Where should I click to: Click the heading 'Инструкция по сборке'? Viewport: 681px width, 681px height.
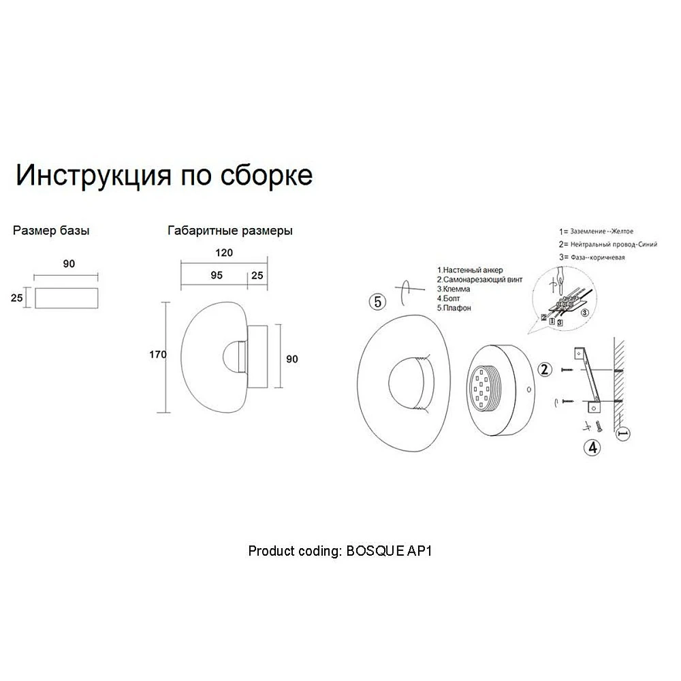[x=164, y=176]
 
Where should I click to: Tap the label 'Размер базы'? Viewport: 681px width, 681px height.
[x=51, y=231]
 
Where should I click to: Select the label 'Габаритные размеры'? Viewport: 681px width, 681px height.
[x=229, y=231]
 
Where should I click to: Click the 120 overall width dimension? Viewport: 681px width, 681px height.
[x=224, y=253]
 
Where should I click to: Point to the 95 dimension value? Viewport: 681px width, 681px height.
[x=217, y=275]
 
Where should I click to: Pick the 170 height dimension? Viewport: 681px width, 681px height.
[x=158, y=355]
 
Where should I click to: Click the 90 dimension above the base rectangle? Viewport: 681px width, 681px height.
[x=69, y=264]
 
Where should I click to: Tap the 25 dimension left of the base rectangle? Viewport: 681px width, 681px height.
[x=16, y=298]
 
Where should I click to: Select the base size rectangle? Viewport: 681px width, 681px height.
[x=67, y=298]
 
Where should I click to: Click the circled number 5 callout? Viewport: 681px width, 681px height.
[x=377, y=302]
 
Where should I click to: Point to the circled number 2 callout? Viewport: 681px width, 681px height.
[x=545, y=370]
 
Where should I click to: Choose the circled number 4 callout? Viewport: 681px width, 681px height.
[x=593, y=447]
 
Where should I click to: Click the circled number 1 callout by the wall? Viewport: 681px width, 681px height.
[x=624, y=433]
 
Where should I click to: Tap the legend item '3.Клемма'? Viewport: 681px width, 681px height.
[x=454, y=289]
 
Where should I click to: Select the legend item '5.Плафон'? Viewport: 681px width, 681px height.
[x=454, y=308]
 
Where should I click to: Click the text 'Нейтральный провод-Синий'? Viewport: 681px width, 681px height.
[x=614, y=244]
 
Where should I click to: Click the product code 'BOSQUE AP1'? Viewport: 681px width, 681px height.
[x=389, y=551]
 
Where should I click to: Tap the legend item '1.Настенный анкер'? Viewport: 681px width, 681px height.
[x=470, y=270]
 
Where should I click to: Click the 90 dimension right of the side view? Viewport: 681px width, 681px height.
[x=292, y=359]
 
